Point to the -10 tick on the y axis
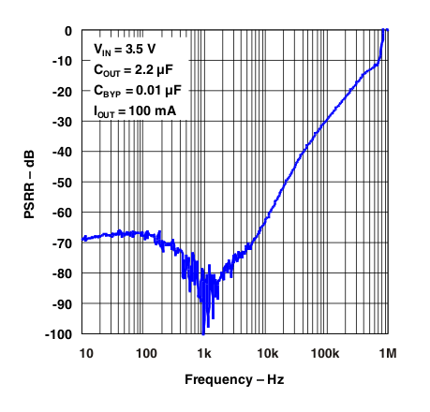coord(64,61)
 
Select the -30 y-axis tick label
coord(64,122)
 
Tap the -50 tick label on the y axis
coord(64,183)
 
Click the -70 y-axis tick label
coord(64,243)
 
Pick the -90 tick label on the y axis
coord(64,303)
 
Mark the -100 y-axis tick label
coord(61,334)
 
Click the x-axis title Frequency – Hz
coord(233,381)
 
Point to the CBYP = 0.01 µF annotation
coord(136,91)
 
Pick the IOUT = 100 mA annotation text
coord(134,112)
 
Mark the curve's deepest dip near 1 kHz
coord(203,332)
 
